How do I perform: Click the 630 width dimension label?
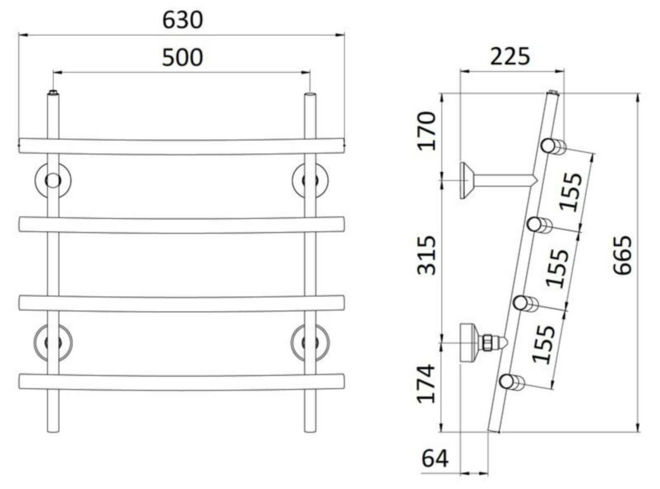[x=183, y=20]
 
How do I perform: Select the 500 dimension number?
[x=183, y=57]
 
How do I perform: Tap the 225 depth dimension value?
[x=510, y=56]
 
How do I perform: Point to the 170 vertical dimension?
[x=427, y=131]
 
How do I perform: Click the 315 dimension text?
[x=426, y=255]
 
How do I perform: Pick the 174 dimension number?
[x=426, y=383]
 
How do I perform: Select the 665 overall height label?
[x=622, y=255]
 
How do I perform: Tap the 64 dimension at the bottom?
[x=435, y=459]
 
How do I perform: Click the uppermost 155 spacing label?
[x=570, y=192]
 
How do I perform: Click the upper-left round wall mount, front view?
[x=53, y=180]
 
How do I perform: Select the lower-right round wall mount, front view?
[x=310, y=343]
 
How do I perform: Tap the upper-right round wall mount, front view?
[x=310, y=180]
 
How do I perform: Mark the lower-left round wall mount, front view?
[x=53, y=343]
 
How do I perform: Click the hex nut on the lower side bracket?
[x=487, y=343]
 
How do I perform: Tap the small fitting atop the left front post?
[x=53, y=92]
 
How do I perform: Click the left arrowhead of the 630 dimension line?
[x=23, y=35]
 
